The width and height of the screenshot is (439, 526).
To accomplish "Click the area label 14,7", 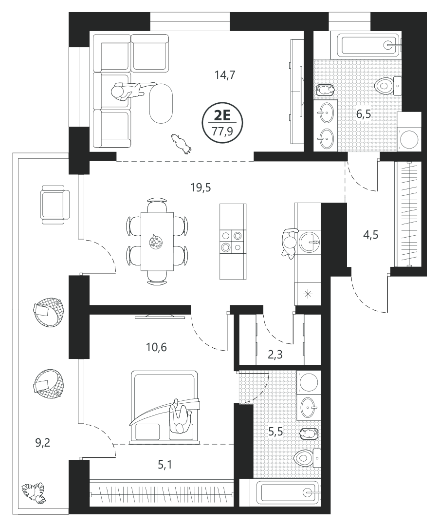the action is pos(225,75).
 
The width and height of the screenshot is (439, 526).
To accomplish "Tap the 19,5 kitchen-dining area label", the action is pos(201,188).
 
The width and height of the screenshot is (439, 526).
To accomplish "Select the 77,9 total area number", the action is pos(222,131).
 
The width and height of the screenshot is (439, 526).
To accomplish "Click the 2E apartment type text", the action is pos(222,116).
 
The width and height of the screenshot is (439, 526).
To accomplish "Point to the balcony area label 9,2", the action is pos(42,443).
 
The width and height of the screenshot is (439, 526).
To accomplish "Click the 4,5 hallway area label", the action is pos(371,234).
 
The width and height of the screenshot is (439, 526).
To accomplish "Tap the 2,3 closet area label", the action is pos(275,355).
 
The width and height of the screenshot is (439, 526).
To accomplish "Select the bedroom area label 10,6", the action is pos(156,347).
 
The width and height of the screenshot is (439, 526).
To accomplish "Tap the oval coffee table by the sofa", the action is pos(161,103).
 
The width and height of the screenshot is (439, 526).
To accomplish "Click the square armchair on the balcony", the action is pos(55,205).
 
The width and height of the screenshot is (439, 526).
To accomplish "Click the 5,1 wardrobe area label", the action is pos(165,465).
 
